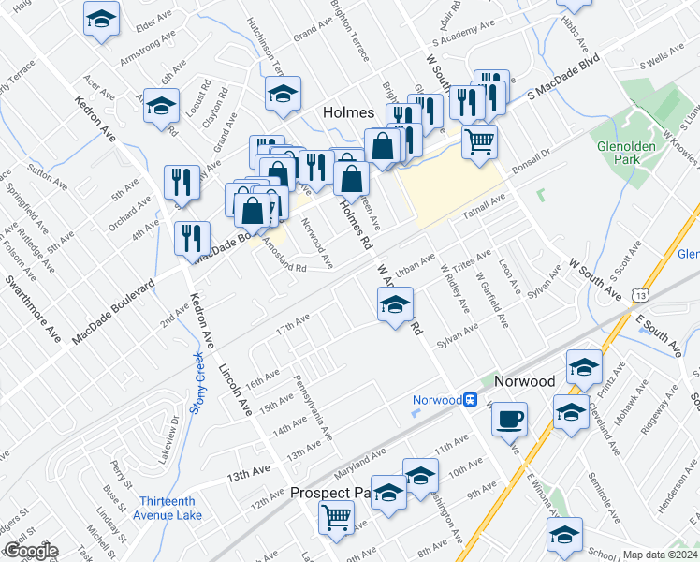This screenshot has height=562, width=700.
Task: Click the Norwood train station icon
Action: [x=472, y=400]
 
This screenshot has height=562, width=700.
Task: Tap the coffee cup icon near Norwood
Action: [x=509, y=419]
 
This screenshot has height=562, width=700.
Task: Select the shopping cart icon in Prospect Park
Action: [x=336, y=516]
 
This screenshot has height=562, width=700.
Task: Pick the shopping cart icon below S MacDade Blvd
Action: [x=479, y=141]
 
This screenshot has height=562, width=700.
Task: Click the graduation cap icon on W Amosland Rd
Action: [x=395, y=304]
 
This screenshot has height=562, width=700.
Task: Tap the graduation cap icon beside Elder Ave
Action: [x=101, y=18]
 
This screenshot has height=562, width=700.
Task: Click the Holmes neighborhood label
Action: [x=348, y=111]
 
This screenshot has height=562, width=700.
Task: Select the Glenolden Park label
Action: [x=629, y=154]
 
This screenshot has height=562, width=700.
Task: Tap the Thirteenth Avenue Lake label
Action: [x=172, y=507]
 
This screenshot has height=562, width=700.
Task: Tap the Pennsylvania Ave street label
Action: [x=314, y=409]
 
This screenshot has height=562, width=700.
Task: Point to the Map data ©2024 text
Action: [x=660, y=555]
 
